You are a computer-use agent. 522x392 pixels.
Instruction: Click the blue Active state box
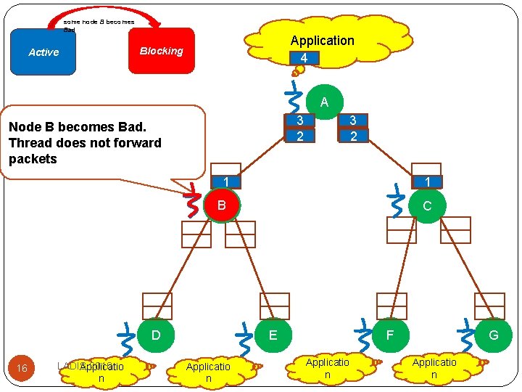coord(43,52)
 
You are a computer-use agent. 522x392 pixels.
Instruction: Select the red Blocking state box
coord(161,51)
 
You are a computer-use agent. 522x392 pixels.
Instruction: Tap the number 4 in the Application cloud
coord(304,58)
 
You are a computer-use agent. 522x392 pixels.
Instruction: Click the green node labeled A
coord(324,102)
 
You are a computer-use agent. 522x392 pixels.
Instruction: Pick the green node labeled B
coord(222,205)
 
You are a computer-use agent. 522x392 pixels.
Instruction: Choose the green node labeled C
coord(426,205)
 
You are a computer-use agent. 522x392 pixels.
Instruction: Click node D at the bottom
coord(154,335)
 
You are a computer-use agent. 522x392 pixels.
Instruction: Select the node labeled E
coord(273,335)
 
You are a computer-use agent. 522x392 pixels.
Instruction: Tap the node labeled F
coord(390,335)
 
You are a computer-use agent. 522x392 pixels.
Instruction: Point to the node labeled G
coord(494,335)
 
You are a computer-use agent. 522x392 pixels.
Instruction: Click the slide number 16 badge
coord(22,368)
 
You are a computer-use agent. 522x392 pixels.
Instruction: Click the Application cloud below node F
coord(327,368)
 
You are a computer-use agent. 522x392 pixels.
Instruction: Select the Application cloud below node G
coord(434,368)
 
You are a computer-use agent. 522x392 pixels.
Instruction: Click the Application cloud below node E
coord(208,372)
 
